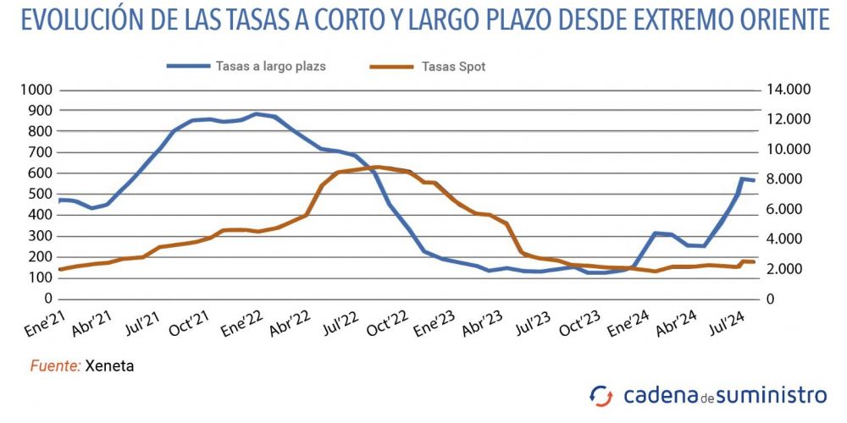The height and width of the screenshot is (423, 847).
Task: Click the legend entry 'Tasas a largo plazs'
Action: click(x=270, y=65)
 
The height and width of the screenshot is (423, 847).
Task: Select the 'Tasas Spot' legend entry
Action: click(x=453, y=66)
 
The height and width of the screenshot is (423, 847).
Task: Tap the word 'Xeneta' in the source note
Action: click(x=110, y=365)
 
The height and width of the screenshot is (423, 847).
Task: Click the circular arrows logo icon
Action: click(x=601, y=395)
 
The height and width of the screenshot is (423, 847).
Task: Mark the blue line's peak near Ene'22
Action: click(x=256, y=113)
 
